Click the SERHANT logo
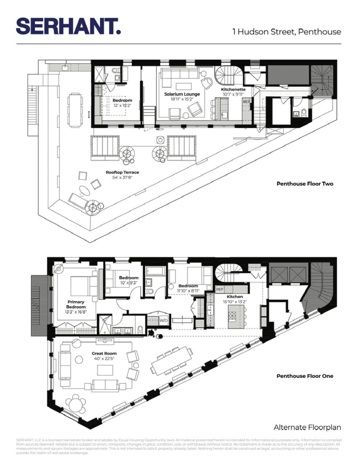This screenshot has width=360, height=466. (x=68, y=27)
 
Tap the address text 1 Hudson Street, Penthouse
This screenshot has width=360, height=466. (x=287, y=32)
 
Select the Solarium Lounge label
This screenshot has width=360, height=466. (x=182, y=96)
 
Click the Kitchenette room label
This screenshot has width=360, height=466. (x=233, y=91)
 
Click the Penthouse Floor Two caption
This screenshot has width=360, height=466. (x=305, y=184)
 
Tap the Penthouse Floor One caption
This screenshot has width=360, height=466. (x=305, y=376)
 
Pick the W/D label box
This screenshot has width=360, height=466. (x=163, y=321)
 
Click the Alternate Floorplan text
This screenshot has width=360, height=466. (x=307, y=427)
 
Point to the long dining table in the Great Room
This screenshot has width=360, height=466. (x=171, y=361)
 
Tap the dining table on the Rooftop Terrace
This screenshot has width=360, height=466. (x=75, y=110)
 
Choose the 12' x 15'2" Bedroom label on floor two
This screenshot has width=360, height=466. (x=122, y=103)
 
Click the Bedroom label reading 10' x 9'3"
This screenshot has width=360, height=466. (x=129, y=281)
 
